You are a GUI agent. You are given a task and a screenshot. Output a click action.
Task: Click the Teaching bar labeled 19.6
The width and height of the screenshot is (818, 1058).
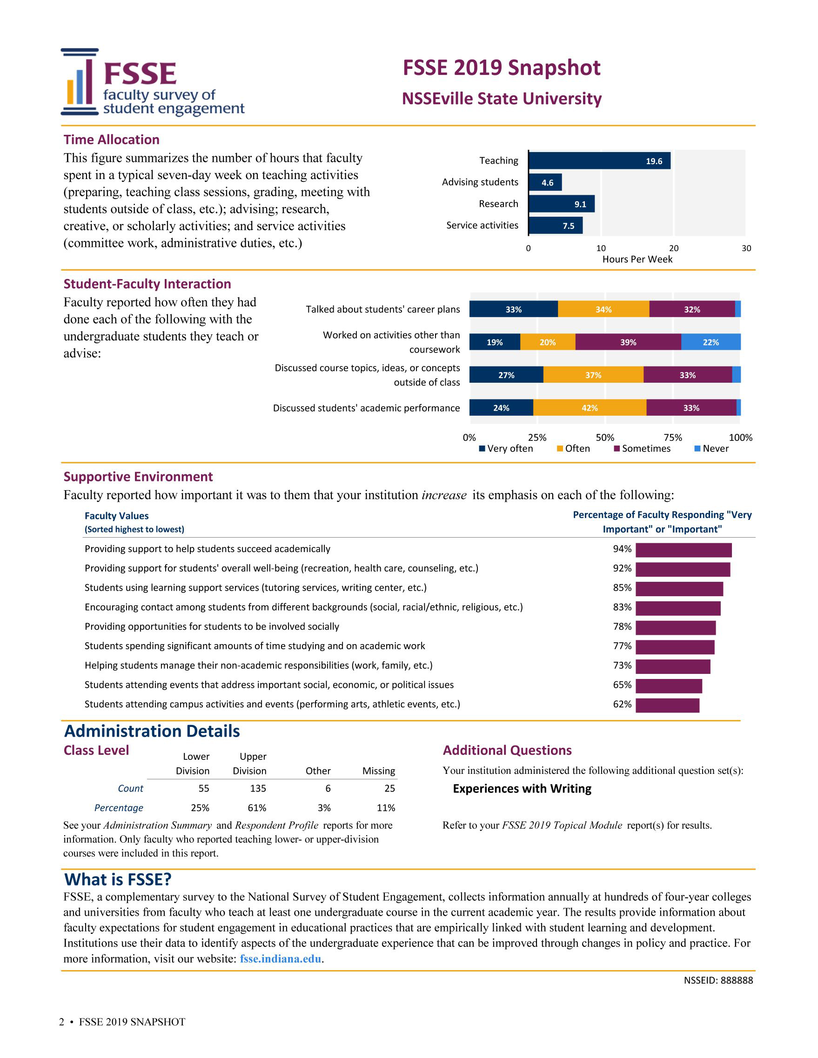click(x=599, y=161)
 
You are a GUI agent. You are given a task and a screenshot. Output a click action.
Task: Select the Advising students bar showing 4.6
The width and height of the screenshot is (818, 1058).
click(x=545, y=183)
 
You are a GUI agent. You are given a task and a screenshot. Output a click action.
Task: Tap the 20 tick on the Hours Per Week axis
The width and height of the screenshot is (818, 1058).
click(x=674, y=248)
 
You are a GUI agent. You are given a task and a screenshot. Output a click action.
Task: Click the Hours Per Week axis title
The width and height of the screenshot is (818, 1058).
click(x=637, y=259)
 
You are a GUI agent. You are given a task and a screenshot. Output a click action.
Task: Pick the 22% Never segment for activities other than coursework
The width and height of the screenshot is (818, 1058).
click(x=711, y=342)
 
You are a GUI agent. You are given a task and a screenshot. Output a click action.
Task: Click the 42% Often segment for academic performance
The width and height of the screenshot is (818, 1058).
click(x=589, y=408)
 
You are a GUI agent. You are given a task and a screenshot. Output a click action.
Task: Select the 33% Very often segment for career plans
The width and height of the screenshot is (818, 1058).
click(x=513, y=309)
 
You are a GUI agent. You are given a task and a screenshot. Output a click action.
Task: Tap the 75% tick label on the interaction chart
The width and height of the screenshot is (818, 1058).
click(x=673, y=438)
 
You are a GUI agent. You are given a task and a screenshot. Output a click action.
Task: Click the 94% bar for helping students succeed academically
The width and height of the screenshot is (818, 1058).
click(x=683, y=550)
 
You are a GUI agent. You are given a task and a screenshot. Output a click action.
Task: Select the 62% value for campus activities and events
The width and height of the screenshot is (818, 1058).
click(x=622, y=705)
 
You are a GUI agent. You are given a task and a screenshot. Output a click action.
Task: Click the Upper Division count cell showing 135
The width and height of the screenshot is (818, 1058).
click(x=258, y=789)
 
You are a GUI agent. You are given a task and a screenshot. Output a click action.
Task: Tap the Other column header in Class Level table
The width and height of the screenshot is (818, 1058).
click(x=318, y=771)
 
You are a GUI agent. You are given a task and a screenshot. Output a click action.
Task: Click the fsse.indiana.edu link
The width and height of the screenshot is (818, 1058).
click(x=281, y=958)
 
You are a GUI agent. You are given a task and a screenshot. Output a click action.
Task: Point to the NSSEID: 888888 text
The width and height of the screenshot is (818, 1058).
click(x=718, y=980)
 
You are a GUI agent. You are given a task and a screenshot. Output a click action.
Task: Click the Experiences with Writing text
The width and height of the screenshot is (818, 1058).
click(x=522, y=789)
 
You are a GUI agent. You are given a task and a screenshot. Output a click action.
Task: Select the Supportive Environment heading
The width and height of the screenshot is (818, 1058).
click(x=138, y=477)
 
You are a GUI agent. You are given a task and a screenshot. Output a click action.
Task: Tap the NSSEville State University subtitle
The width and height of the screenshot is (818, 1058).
click(x=502, y=98)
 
